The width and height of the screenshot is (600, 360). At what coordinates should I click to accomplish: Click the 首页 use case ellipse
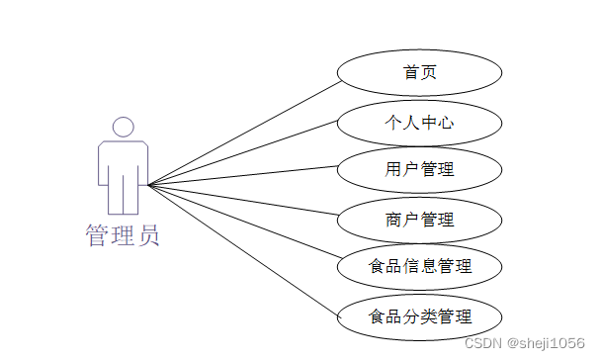pyautogui.click(x=420, y=73)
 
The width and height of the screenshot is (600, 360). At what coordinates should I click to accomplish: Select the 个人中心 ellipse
pyautogui.click(x=420, y=123)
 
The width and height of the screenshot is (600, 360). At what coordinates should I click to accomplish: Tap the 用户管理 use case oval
pyautogui.click(x=420, y=170)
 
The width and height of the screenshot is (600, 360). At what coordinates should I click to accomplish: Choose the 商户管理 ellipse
pyautogui.click(x=420, y=220)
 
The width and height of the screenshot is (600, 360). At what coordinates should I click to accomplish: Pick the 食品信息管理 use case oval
pyautogui.click(x=420, y=267)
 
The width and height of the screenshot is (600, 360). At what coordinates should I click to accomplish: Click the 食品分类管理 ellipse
pyautogui.click(x=420, y=317)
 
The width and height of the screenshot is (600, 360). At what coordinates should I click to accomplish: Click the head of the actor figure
pyautogui.click(x=123, y=127)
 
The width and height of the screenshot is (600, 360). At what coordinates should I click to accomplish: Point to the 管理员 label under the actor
pyautogui.click(x=122, y=236)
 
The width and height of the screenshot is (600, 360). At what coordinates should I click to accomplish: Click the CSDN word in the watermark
pyautogui.click(x=483, y=343)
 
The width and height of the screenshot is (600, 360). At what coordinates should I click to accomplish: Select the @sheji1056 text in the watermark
pyautogui.click(x=547, y=343)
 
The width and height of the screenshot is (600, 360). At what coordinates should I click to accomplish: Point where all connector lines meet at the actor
pyautogui.click(x=148, y=185)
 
